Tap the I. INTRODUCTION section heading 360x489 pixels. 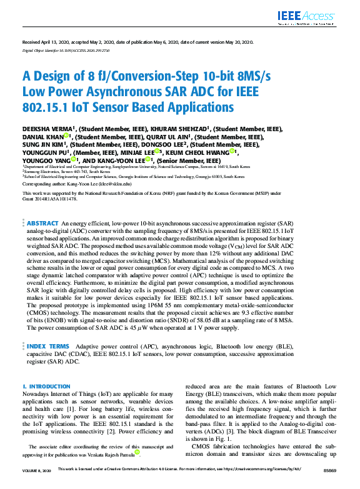point(46,387)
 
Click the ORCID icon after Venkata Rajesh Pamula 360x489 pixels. point(136,452)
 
